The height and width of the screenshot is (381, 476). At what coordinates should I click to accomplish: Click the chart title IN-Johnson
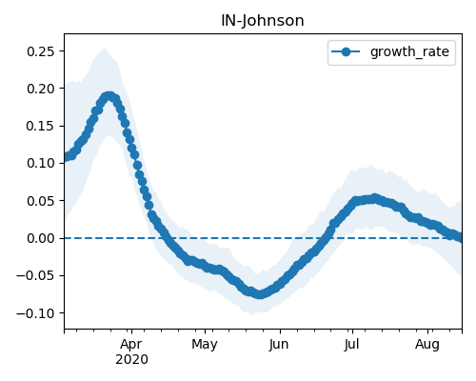pyautogui.click(x=263, y=21)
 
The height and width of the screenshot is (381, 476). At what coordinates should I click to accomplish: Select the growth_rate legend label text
pyautogui.click(x=409, y=51)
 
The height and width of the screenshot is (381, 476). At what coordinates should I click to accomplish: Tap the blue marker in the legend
pyautogui.click(x=346, y=51)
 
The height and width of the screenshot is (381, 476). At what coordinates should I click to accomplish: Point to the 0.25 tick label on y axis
pyautogui.click(x=41, y=51)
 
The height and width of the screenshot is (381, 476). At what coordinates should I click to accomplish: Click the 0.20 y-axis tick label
pyautogui.click(x=41, y=89)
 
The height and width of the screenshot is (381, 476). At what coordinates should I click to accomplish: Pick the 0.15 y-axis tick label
pyautogui.click(x=41, y=126)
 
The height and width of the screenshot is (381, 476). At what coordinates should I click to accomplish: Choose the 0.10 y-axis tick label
pyautogui.click(x=41, y=163)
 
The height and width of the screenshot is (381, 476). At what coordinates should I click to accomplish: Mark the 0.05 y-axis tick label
pyautogui.click(x=41, y=201)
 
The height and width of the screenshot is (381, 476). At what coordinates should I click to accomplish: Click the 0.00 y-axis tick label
pyautogui.click(x=41, y=238)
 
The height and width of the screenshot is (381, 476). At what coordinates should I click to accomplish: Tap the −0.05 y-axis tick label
pyautogui.click(x=35, y=275)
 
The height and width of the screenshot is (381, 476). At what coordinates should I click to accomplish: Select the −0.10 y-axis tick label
pyautogui.click(x=35, y=313)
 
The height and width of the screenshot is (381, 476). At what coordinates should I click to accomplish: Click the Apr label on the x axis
pyautogui.click(x=131, y=345)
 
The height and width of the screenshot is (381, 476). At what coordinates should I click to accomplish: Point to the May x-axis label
pyautogui.click(x=205, y=345)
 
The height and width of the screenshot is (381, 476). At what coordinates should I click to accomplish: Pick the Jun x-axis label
pyautogui.click(x=279, y=345)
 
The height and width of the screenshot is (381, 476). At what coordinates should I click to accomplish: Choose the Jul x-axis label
pyautogui.click(x=352, y=345)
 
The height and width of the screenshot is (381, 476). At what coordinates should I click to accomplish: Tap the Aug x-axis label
pyautogui.click(x=427, y=345)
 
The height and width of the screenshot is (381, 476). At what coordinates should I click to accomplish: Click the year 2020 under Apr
pyautogui.click(x=131, y=360)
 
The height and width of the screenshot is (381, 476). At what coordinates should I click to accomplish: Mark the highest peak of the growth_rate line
pyautogui.click(x=109, y=96)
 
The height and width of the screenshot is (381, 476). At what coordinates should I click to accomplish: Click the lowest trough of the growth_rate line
pyautogui.click(x=260, y=294)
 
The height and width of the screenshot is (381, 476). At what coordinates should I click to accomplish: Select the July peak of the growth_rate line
pyautogui.click(x=375, y=198)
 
